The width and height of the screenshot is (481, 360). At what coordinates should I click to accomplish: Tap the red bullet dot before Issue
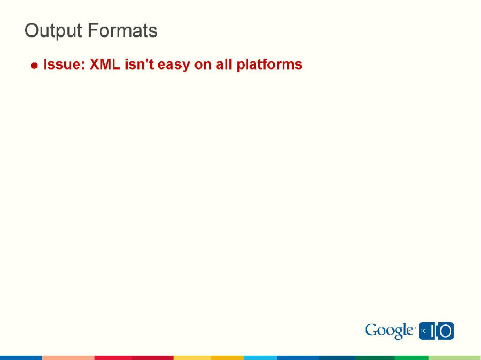[x=34, y=66]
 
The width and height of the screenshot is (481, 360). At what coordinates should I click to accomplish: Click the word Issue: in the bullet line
[x=64, y=65]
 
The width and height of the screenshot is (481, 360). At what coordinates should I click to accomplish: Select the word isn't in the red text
[x=139, y=65]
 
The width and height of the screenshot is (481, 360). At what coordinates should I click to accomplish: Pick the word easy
[x=174, y=65]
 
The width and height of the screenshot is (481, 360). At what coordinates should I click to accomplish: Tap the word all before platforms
[x=224, y=65]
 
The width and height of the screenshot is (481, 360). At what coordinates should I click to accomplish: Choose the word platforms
[x=269, y=65]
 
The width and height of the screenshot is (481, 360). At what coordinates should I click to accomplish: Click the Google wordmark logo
[x=390, y=331]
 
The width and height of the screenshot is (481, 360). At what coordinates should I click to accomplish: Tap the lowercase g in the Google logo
[x=398, y=333]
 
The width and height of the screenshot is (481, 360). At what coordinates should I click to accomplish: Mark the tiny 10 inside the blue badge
[x=423, y=331]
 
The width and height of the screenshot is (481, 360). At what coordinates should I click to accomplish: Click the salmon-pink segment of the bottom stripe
[x=68, y=357]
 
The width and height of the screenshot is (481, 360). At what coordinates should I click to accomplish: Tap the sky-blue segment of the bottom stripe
[x=260, y=357]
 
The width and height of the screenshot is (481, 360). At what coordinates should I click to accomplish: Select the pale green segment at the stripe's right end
[x=454, y=357]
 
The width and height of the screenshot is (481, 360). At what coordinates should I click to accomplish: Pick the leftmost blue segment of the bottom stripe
[x=21, y=357]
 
